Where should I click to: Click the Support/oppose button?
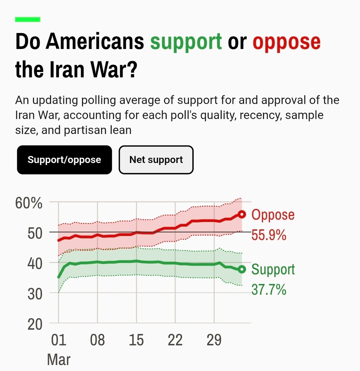64,160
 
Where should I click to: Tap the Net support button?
156,160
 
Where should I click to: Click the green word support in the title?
186,42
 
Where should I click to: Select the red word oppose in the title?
286,42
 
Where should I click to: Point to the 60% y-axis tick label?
29,203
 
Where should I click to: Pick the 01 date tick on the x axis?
59,340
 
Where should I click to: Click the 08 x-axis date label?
98,340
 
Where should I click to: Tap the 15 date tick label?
137,340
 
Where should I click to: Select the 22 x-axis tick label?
175,340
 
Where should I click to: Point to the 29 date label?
214,340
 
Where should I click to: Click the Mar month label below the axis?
59,359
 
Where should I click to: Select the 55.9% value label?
269,235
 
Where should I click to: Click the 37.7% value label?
269,289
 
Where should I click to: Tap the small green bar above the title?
27,20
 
